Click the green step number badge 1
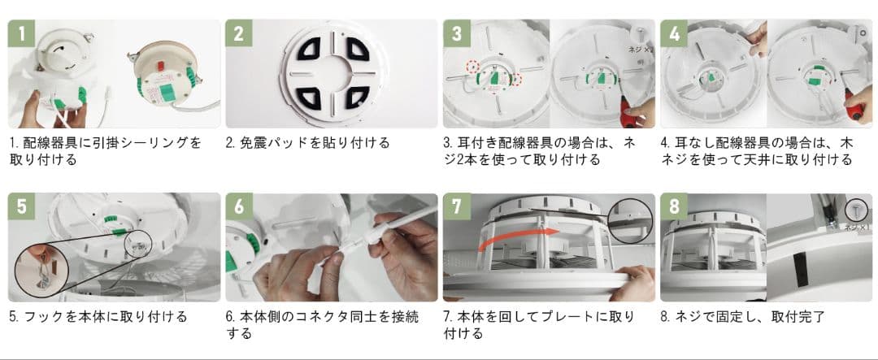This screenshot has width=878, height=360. (x=23, y=34)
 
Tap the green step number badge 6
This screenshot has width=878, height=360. (x=239, y=207)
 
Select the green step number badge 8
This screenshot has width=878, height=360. (x=675, y=207)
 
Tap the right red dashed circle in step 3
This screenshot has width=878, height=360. (x=515, y=78)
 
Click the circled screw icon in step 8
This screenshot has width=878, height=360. (x=855, y=210)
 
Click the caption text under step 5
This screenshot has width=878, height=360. (x=98, y=316)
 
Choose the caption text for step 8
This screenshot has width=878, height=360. (x=742, y=316)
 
